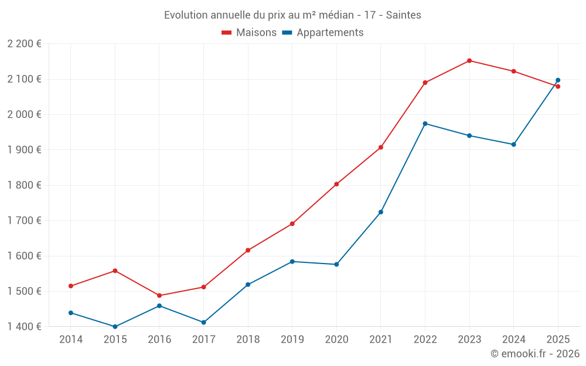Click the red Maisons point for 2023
[x=469, y=61]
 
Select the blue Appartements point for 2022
[x=425, y=124]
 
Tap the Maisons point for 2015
[x=115, y=271]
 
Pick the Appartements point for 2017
[x=203, y=322]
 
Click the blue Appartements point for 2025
[x=558, y=80]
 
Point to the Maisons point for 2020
[x=336, y=184]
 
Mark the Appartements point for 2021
[x=381, y=212]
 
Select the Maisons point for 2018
[x=248, y=250]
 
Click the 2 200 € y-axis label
[x=24, y=44]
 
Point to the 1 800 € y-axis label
[x=24, y=185]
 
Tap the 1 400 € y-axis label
[x=24, y=326]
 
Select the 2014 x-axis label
[x=71, y=340]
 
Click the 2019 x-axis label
[x=292, y=340]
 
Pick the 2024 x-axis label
[x=513, y=340]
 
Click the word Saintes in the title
[x=403, y=15]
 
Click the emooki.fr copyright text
[x=535, y=354]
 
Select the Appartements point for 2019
[x=292, y=261]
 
